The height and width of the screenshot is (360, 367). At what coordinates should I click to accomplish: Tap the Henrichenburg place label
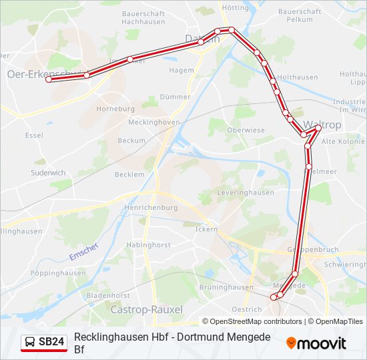150,207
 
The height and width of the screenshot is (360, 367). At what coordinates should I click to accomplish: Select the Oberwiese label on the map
246,130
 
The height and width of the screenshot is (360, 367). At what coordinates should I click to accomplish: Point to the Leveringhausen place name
246,193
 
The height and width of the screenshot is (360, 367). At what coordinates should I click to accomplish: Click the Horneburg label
115,108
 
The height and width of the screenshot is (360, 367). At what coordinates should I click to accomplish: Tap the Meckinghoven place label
153,123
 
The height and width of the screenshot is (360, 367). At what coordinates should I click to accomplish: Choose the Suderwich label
48,173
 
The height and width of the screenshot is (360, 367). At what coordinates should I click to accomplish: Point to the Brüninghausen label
227,287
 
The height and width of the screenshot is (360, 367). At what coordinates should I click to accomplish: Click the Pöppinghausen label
58,273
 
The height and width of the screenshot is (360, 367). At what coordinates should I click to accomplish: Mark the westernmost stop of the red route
48,79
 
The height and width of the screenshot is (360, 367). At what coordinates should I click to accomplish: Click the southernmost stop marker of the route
274,297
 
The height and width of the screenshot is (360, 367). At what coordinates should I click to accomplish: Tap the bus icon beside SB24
30,342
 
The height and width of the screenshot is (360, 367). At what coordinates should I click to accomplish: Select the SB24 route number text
51,342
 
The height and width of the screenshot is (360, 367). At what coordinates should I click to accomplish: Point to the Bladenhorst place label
108,295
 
